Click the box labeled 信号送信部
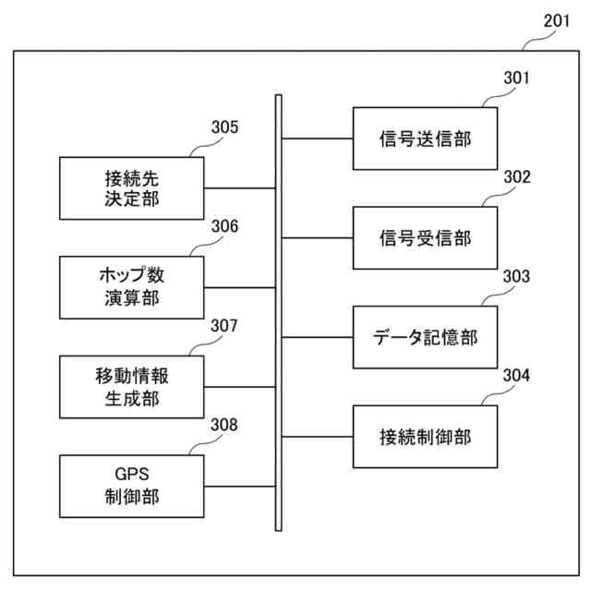pos(425,139)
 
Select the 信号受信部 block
pos(425,238)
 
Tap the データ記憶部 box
pos(425,337)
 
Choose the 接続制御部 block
pos(425,436)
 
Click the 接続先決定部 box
pos(131,187)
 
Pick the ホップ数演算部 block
pos(131,287)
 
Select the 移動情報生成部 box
pos(131,387)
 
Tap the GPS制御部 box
pos(131,486)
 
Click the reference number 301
pos(516,78)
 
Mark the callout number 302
pos(516,177)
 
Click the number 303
pos(516,276)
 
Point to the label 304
pos(516,375)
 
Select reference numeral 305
pos(223,127)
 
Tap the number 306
pos(223,226)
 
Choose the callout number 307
pos(223,326)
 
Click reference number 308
pos(223,425)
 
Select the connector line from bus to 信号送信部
pos(317,139)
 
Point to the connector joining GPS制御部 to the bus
pos(240,486)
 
